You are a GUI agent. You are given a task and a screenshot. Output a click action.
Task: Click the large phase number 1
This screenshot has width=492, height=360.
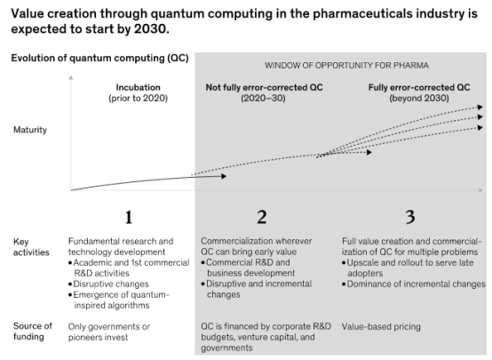pyautogui.click(x=129, y=217)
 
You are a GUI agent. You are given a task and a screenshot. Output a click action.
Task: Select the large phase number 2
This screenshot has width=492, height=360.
pyautogui.click(x=262, y=217)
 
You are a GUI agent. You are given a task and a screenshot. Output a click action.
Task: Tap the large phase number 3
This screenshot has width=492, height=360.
pyautogui.click(x=410, y=217)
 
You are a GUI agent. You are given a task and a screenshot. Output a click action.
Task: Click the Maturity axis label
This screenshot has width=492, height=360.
pyautogui.click(x=30, y=130)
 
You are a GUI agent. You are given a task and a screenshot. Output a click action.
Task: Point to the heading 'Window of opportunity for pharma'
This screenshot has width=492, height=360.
pyautogui.click(x=346, y=66)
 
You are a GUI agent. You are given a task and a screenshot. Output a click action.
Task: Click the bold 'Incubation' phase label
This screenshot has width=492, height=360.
pyautogui.click(x=138, y=87)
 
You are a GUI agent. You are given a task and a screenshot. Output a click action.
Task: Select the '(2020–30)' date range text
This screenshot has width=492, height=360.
pyautogui.click(x=263, y=99)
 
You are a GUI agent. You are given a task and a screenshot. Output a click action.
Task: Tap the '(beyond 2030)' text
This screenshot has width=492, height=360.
pyautogui.click(x=419, y=99)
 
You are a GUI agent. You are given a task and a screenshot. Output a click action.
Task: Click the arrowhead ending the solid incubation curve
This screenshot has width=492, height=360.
pyautogui.click(x=224, y=176)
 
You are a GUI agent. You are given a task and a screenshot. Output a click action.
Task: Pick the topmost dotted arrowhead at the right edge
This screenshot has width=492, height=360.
pyautogui.click(x=480, y=108)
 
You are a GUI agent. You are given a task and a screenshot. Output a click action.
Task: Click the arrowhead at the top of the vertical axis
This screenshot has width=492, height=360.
pyautogui.click(x=71, y=77)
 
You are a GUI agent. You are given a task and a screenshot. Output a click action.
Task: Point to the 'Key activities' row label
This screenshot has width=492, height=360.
pyautogui.click(x=31, y=247)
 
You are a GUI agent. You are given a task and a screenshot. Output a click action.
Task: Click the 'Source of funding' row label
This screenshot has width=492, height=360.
pyautogui.click(x=33, y=332)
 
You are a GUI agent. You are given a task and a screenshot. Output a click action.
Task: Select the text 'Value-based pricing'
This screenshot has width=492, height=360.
pyautogui.click(x=381, y=327)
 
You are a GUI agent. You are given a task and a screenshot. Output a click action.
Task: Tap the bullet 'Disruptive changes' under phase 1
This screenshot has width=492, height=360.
pyautogui.click(x=108, y=284)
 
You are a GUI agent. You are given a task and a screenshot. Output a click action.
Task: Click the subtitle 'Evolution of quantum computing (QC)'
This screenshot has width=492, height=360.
pyautogui.click(x=99, y=58)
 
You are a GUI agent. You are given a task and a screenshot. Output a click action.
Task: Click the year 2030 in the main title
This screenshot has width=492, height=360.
pyautogui.click(x=150, y=29)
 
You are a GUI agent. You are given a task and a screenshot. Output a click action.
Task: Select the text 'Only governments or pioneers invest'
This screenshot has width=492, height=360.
pyautogui.click(x=109, y=332)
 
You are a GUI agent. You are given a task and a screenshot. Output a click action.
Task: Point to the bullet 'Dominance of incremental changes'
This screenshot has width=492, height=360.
pyautogui.click(x=414, y=284)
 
